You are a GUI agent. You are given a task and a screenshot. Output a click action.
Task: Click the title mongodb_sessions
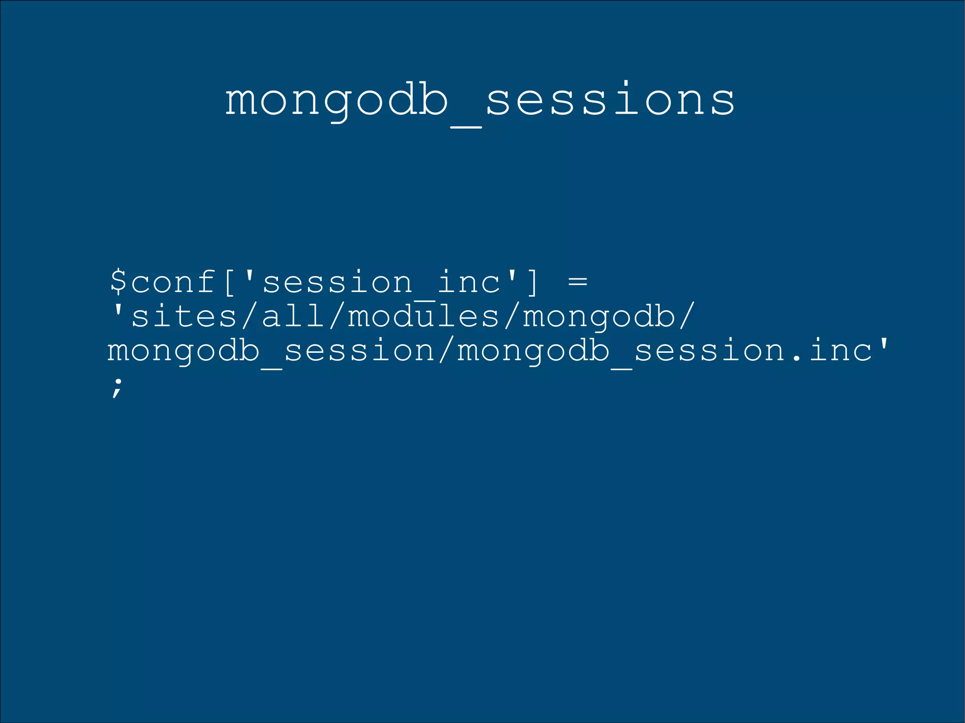[480, 100]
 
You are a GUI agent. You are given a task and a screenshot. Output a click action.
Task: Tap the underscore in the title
[466, 126]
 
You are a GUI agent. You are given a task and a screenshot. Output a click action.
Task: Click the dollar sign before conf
[118, 281]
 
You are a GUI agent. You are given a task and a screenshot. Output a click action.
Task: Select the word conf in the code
[173, 282]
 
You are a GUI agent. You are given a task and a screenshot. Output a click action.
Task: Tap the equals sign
[578, 282]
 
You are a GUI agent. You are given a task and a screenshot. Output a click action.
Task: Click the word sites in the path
[184, 317]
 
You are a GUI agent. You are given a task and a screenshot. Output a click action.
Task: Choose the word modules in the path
[423, 317]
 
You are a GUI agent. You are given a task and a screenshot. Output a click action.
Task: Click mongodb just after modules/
[599, 317]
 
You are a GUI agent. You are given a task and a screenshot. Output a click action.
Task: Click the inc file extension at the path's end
[841, 351]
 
